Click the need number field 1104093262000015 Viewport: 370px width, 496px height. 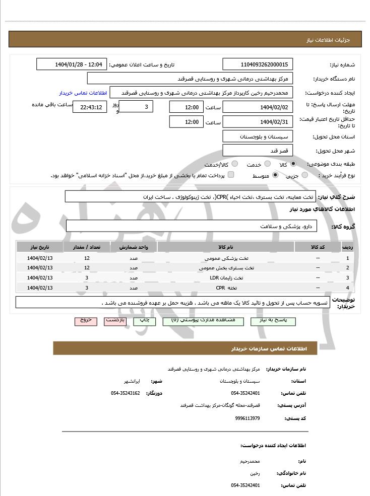click(x=258, y=64)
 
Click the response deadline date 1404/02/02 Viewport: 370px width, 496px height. click(x=258, y=107)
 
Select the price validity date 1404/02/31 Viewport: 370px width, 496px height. click(x=258, y=122)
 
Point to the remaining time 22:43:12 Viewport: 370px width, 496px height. click(x=90, y=107)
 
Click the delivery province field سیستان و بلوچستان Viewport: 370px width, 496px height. click(x=258, y=136)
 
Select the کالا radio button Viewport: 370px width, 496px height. click(x=293, y=164)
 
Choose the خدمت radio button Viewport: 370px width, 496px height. click(x=268, y=164)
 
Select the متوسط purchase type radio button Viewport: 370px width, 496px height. click(x=275, y=175)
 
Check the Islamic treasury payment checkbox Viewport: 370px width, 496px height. click(x=231, y=175)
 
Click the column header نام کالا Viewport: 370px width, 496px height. click(x=233, y=247)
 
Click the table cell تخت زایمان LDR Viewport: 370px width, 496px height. click(x=233, y=277)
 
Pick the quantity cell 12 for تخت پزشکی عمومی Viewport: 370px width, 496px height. click(x=87, y=258)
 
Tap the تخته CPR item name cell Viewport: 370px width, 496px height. click(x=233, y=288)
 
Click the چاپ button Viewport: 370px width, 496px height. click(x=145, y=321)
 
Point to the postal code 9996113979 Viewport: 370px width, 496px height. click(x=248, y=418)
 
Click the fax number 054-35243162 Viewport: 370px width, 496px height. click(x=125, y=393)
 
